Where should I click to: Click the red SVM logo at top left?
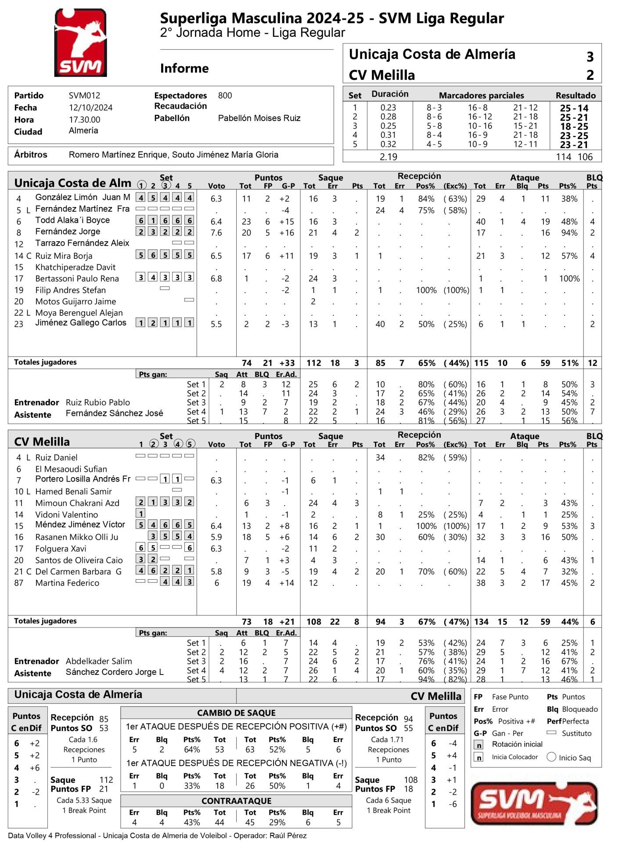coord(80,43)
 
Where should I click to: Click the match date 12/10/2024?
coord(90,107)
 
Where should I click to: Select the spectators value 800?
coord(225,96)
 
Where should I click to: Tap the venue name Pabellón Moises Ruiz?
coord(259,118)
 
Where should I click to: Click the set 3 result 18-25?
coord(574,126)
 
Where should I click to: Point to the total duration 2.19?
coord(388,157)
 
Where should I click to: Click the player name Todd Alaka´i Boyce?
coord(72,220)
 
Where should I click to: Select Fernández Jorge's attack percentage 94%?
coord(569,233)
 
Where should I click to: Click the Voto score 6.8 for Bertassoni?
coord(216,278)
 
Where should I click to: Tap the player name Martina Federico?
coord(67,583)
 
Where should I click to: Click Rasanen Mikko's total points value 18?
coord(246,537)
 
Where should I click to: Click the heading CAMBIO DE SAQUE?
coord(236,713)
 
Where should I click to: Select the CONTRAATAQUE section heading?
coord(236,800)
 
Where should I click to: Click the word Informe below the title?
coord(184,68)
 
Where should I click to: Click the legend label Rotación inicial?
coord(517,744)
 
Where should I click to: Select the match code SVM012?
coord(84,96)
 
